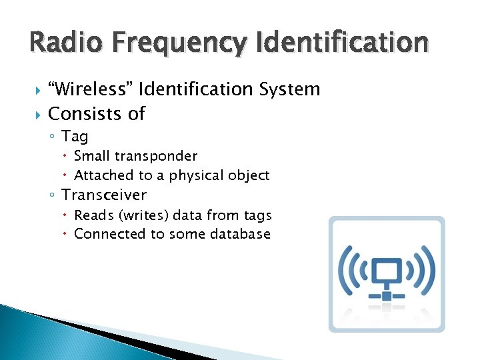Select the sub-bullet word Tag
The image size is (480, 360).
(75, 137)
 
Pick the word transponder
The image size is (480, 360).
(156, 157)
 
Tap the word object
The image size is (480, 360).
(247, 176)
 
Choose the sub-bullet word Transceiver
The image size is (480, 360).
(104, 195)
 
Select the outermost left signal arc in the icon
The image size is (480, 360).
(345, 269)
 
